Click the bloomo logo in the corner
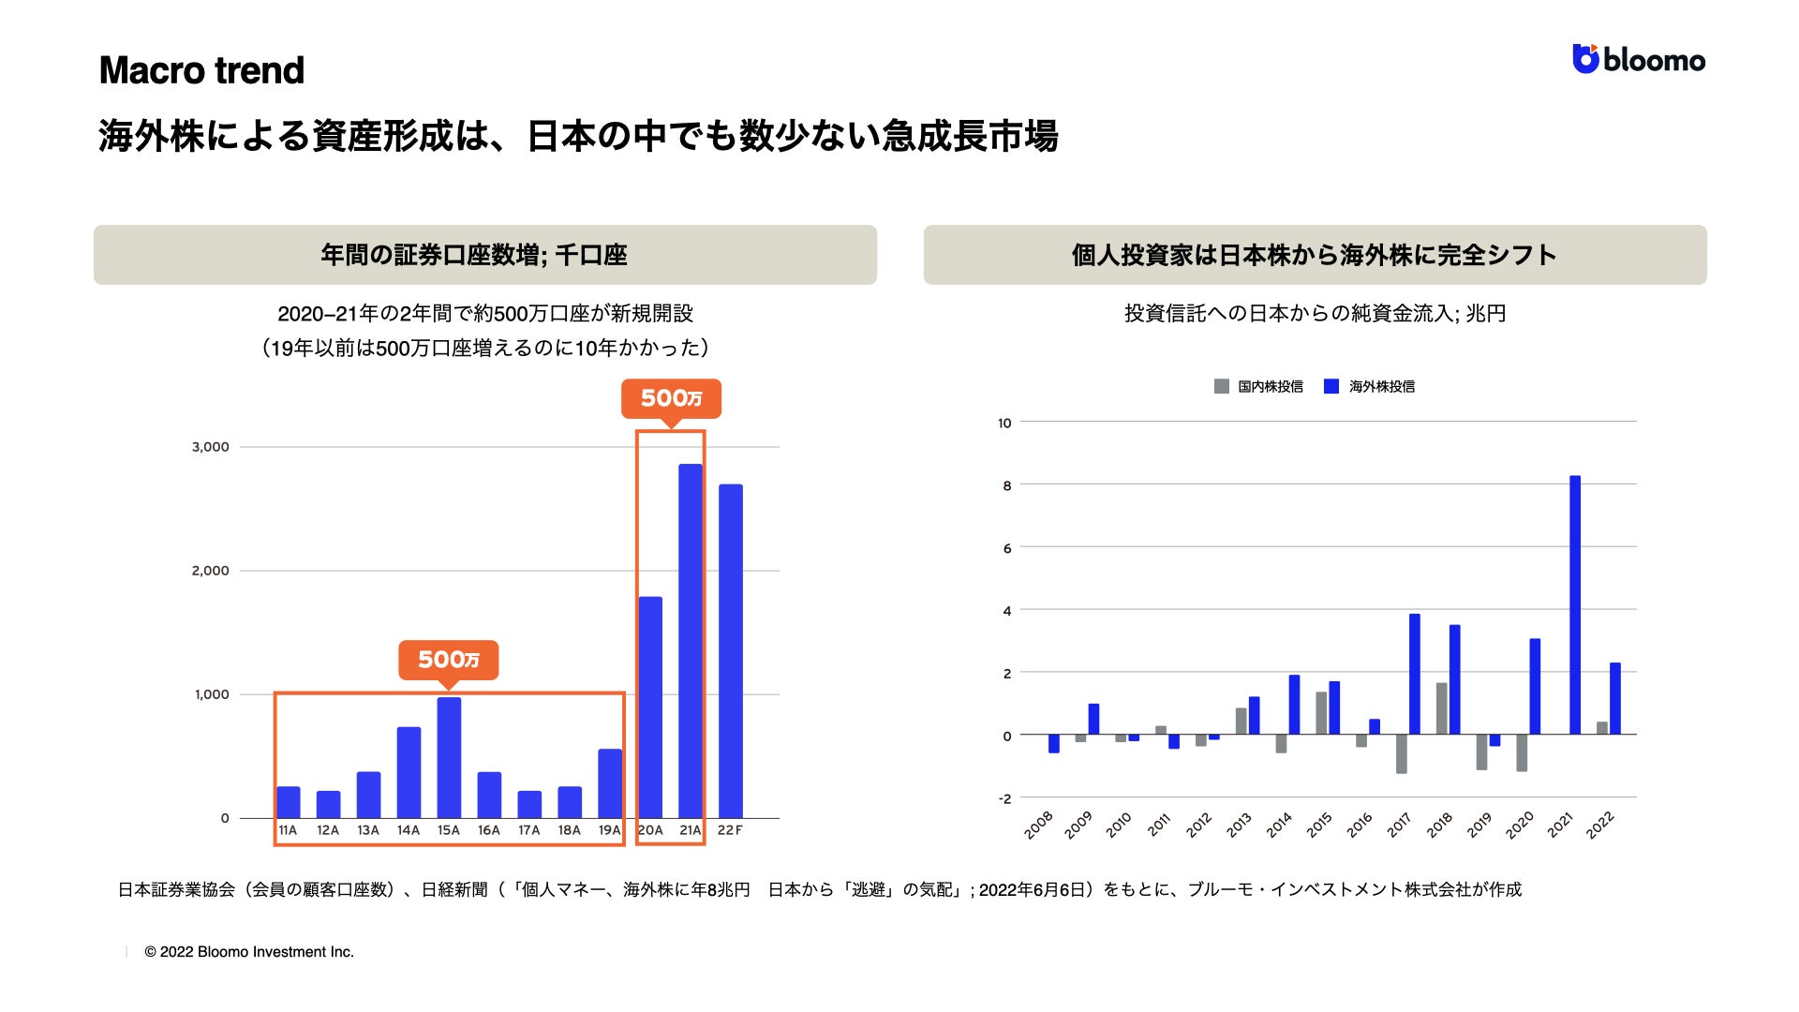coord(1638,59)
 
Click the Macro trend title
coord(201,70)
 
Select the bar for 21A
coord(691,641)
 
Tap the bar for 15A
coord(449,757)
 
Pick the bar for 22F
coord(731,651)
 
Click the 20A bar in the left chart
coord(650,707)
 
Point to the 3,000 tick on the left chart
coord(210,447)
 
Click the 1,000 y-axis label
coord(211,694)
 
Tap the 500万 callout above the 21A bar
coord(671,398)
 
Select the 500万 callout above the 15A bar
coord(448,660)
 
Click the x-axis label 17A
coord(529,830)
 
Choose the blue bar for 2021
coord(1575,605)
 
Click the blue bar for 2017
coord(1415,675)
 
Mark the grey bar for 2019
coord(1481,752)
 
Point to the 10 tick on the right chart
coord(1004,423)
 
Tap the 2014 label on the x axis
coord(1279,825)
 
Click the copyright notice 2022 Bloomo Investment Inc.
coord(249,952)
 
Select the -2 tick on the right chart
coord(1004,798)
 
